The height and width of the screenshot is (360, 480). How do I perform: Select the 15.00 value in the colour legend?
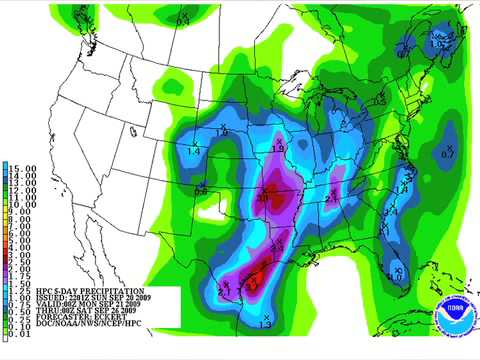click(x=24, y=166)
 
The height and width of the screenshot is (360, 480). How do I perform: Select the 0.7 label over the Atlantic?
click(x=447, y=155)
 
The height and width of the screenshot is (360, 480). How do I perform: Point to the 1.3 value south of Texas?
click(x=265, y=324)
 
